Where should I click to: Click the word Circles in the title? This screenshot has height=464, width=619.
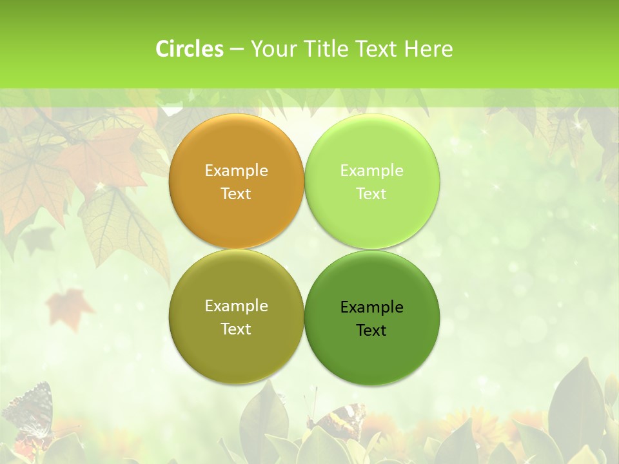(189, 49)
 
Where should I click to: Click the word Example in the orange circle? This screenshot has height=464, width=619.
(236, 171)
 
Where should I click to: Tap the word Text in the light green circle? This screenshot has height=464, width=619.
(371, 194)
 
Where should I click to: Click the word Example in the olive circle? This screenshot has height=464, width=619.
(236, 306)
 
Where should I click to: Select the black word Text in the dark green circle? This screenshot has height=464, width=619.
(371, 331)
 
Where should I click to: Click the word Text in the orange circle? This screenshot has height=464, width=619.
(236, 194)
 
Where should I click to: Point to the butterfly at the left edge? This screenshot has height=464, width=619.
(29, 412)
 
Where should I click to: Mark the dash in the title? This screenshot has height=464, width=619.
(237, 49)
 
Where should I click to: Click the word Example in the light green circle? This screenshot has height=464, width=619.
(371, 171)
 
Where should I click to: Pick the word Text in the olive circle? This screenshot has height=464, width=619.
(236, 329)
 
